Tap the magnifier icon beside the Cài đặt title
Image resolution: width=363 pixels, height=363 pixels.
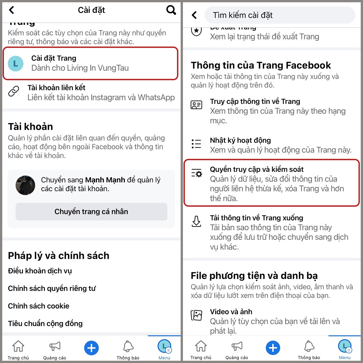(x=171, y=10)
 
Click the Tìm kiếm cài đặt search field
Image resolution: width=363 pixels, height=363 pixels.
(x=280, y=15)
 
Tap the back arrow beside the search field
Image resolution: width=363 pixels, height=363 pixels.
(x=194, y=15)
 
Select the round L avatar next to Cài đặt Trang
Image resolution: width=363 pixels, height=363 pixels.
(x=16, y=64)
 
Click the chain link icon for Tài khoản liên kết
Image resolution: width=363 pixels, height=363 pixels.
(x=14, y=91)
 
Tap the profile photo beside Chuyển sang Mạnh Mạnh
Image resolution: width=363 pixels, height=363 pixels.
(x=25, y=185)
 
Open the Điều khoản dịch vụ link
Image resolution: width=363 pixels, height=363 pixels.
(x=40, y=271)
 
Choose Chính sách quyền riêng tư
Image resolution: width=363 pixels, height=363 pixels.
(x=52, y=288)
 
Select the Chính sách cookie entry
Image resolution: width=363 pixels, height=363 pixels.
(x=39, y=306)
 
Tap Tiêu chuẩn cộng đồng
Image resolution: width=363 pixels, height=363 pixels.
(x=45, y=324)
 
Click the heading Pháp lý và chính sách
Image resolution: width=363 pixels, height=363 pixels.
(x=58, y=256)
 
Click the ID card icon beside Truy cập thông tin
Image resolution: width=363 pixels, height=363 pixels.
(x=196, y=105)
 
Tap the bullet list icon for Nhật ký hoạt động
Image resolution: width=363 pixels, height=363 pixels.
(x=196, y=144)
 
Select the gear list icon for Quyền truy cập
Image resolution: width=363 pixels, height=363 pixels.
(x=197, y=173)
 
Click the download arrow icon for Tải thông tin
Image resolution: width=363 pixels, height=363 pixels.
(x=196, y=221)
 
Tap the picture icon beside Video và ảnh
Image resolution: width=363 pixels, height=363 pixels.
(x=196, y=315)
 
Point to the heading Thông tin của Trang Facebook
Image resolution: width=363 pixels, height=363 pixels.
(x=261, y=65)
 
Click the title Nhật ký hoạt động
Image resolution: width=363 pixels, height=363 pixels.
(x=240, y=140)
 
